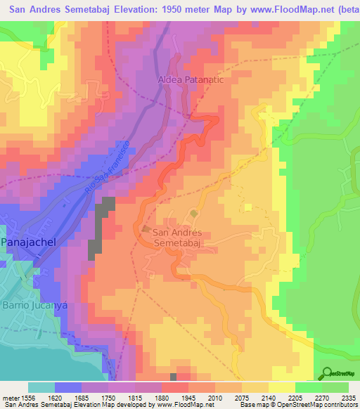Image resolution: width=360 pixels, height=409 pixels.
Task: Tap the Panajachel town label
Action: click(x=28, y=241)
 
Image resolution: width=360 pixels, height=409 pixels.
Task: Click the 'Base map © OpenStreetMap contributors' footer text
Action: click(x=298, y=404)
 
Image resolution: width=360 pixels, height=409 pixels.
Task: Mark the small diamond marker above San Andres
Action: click(x=193, y=213)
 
